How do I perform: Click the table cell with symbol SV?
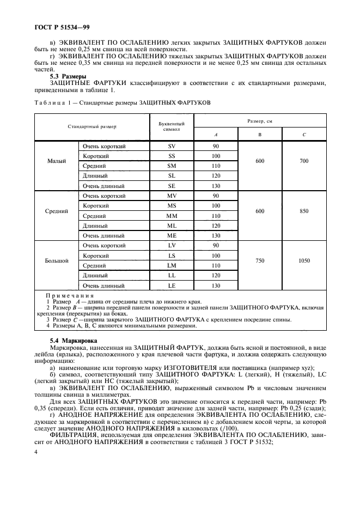172,146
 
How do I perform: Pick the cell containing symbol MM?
172,216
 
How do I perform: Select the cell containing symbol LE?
172,286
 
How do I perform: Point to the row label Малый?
57,161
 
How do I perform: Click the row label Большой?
57,260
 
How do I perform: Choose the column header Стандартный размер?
92,127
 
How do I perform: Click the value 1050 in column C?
304,260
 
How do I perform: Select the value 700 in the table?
304,161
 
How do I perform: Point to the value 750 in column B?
259,260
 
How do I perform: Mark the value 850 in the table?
304,211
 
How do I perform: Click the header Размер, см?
259,120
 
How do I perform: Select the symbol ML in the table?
172,226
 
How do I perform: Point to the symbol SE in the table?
172,186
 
